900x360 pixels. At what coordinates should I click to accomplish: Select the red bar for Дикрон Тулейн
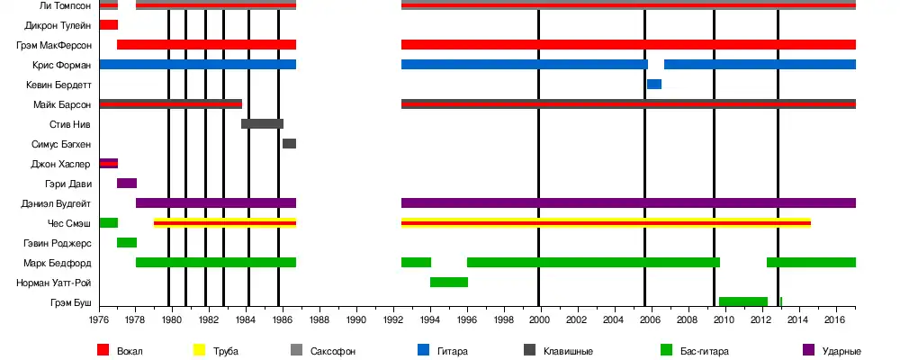point(108,24)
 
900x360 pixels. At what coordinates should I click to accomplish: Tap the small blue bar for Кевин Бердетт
point(653,85)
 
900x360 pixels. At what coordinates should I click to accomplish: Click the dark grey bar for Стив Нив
point(262,124)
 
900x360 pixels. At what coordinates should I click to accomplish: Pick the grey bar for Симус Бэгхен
point(289,144)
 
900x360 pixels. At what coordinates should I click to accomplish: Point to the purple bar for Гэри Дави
point(127,184)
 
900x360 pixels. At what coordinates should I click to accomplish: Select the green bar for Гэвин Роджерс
point(127,243)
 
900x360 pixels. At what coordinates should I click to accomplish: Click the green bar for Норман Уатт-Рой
point(448,283)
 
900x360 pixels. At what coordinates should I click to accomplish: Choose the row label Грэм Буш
point(70,302)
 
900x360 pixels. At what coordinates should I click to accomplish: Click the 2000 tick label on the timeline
point(539,319)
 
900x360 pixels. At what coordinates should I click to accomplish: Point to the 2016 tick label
point(833,319)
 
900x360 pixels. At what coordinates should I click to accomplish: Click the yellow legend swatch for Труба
point(201,350)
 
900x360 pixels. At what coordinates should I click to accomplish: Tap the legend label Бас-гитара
point(706,350)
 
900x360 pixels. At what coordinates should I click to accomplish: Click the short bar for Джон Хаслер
point(108,164)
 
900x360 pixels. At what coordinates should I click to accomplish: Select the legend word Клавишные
point(567,350)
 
